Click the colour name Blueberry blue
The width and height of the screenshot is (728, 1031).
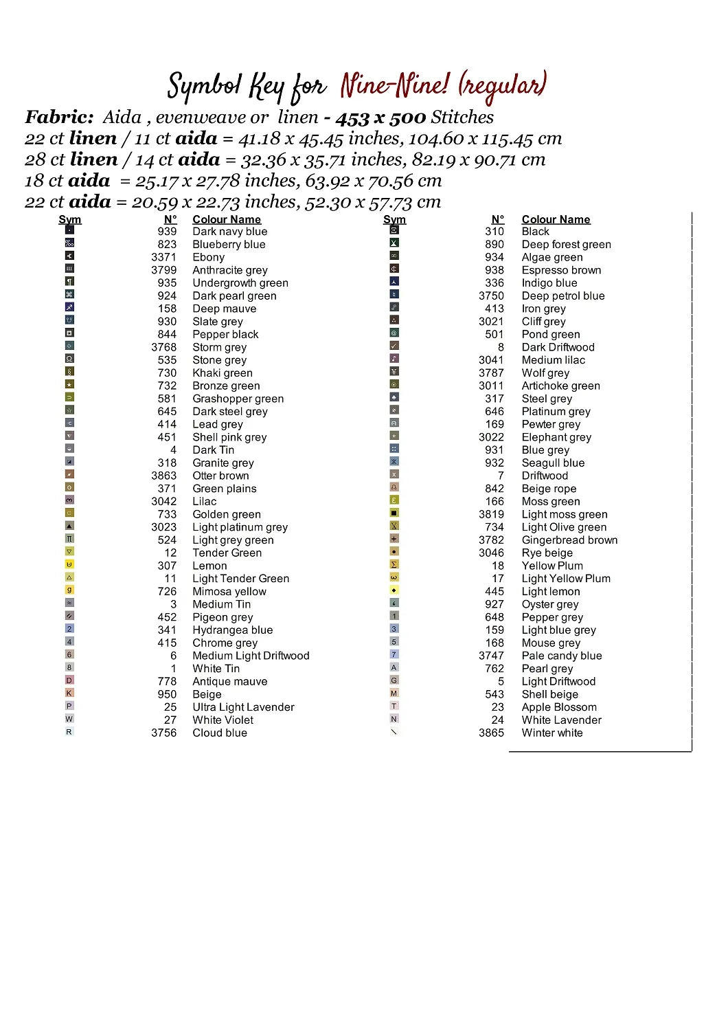coord(229,245)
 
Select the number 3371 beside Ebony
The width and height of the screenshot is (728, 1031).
coord(163,257)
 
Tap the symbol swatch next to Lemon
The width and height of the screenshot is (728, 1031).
coord(69,565)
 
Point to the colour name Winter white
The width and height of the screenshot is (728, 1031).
coord(551,733)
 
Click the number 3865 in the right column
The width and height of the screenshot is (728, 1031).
coord(491,733)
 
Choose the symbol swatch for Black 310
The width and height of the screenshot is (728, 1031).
coord(394,230)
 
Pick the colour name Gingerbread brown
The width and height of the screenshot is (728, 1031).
coord(569,540)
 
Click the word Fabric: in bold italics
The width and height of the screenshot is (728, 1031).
coord(59,117)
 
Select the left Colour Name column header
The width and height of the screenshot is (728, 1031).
coord(227,219)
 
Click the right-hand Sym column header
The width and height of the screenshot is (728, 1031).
coord(394,219)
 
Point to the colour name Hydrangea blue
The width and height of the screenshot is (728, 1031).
coord(232,630)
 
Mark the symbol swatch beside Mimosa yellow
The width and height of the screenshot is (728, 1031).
coord(69,590)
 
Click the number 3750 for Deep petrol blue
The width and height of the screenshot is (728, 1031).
coord(491,296)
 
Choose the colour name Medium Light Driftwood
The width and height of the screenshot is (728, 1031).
coord(251,656)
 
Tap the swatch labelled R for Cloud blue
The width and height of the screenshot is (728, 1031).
coord(69,732)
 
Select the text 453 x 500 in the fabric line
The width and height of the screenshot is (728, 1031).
coord(380,118)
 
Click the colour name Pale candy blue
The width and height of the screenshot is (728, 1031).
coord(561,656)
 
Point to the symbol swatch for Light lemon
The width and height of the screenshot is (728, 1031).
coord(394,590)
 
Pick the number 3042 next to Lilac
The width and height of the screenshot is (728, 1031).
coord(163,502)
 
